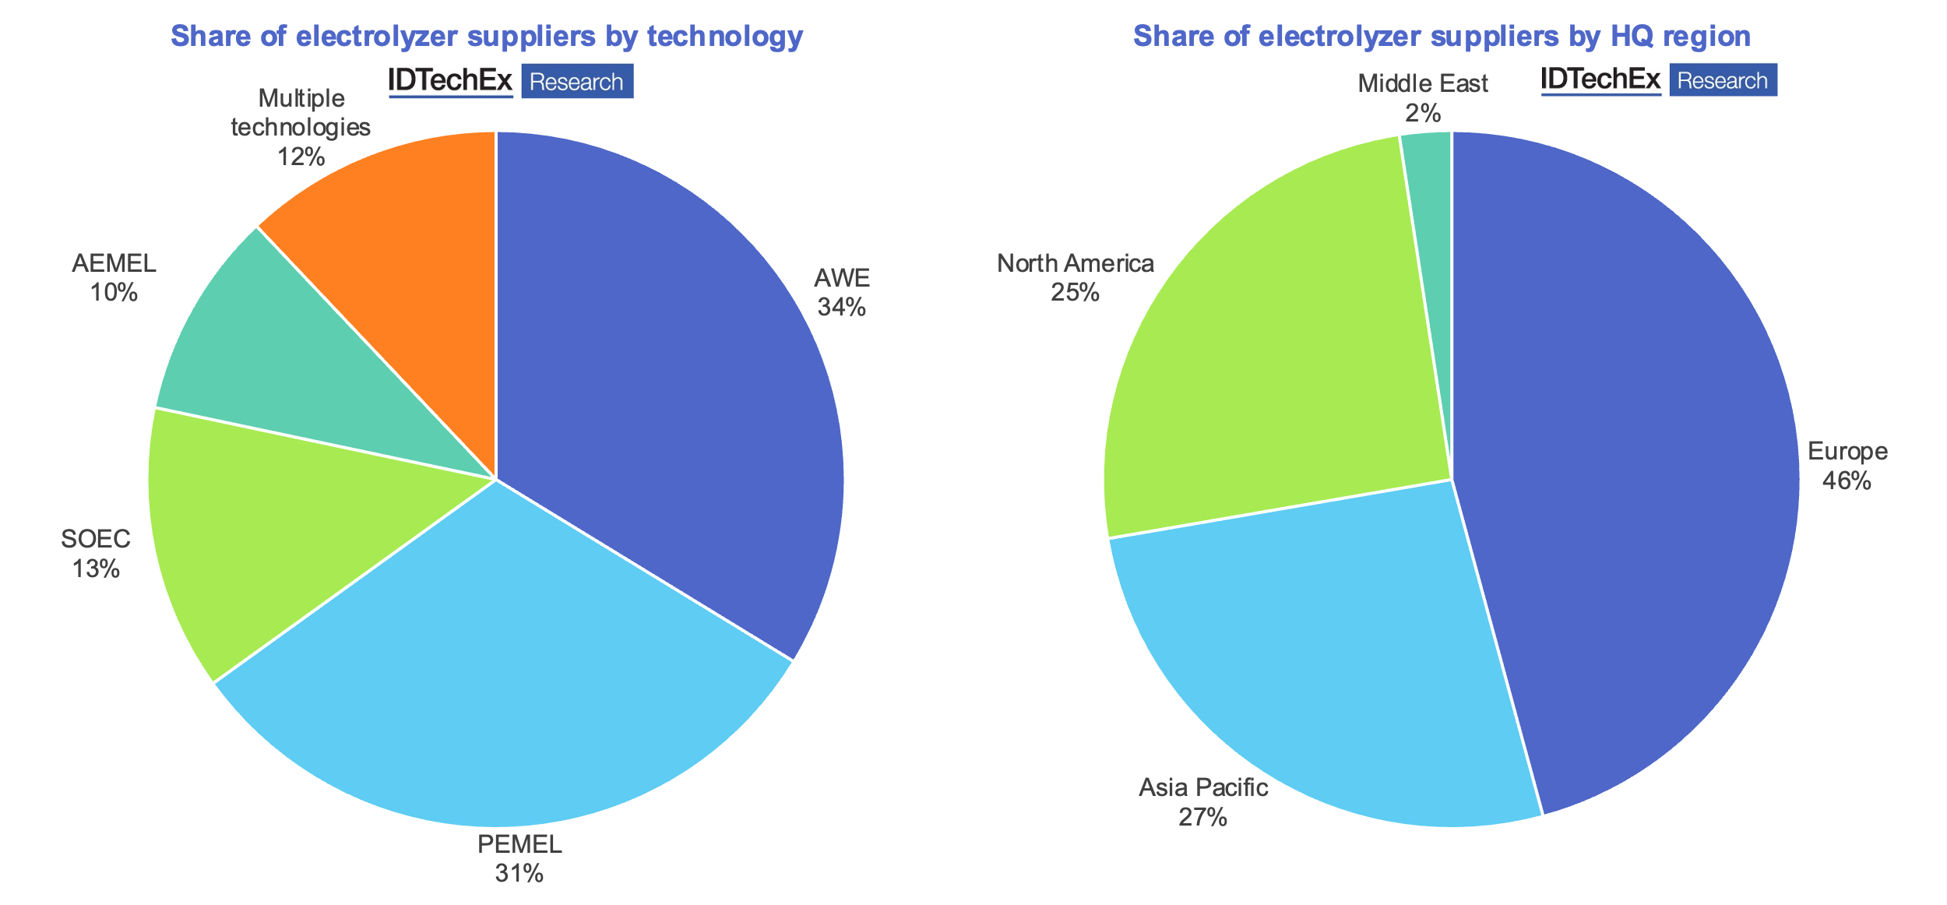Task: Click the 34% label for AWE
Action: coord(841,308)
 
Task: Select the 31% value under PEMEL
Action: coord(519,874)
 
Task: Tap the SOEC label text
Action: coord(96,539)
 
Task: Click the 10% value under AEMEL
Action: coord(114,293)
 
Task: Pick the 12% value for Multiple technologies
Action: coord(301,157)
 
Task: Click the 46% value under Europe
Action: coord(1846,481)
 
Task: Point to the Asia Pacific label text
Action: coord(1203,787)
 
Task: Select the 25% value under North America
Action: coord(1075,293)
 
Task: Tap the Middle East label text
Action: coord(1422,83)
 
